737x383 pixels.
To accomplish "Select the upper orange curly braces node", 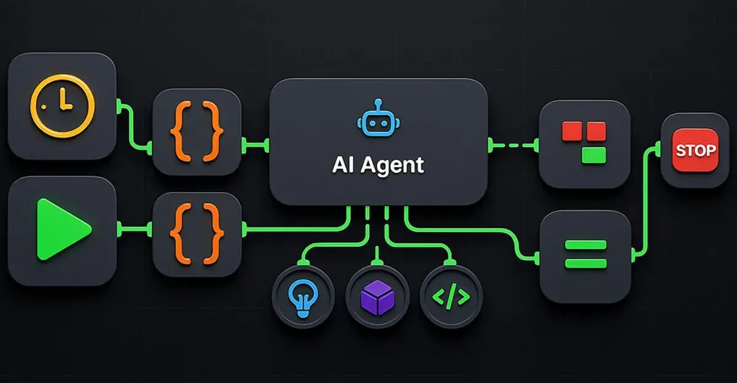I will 197,133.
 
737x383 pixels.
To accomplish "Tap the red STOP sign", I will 695,150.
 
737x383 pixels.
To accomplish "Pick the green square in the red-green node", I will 594,154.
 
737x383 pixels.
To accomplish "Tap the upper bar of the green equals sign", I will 585,245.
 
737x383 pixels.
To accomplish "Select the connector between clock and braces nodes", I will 133,126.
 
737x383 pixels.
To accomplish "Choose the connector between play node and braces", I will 134,230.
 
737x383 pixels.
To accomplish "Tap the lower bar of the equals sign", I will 585,263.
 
